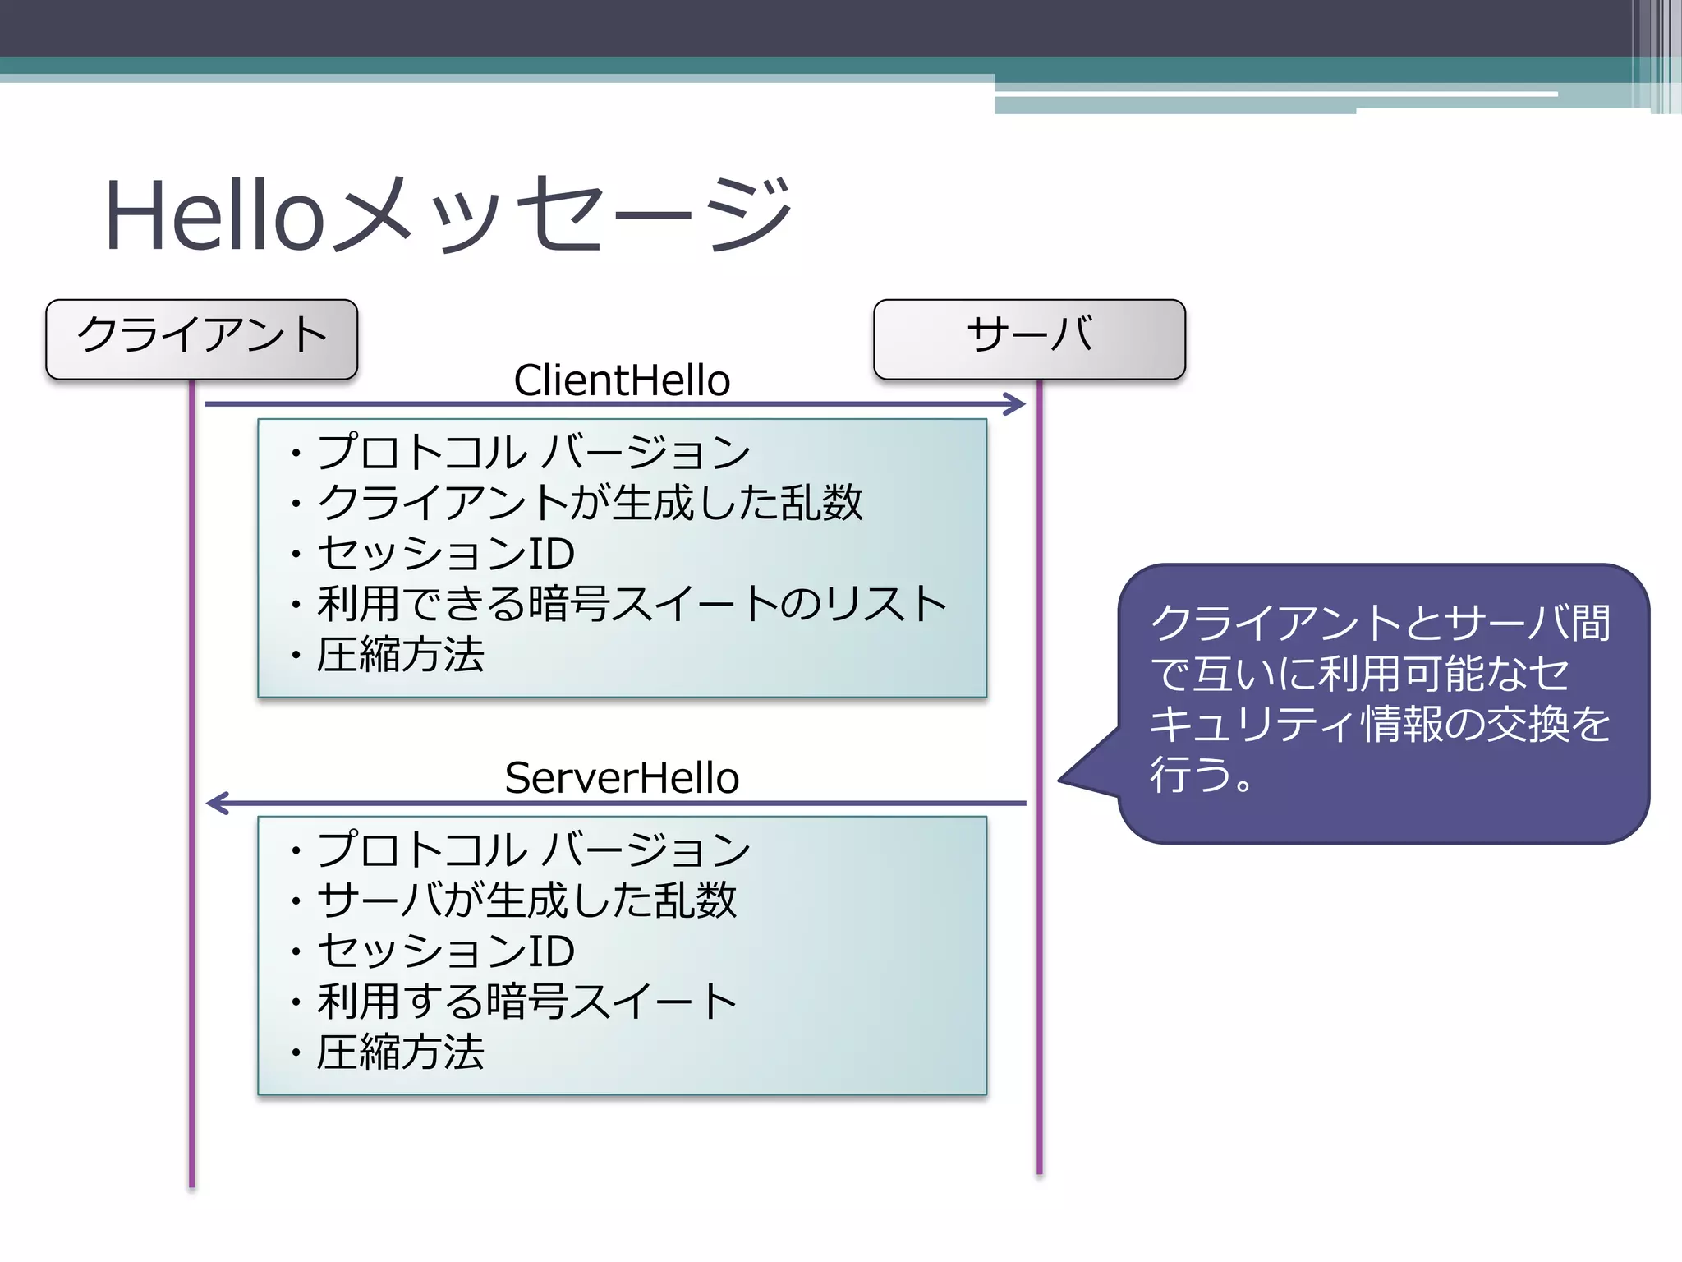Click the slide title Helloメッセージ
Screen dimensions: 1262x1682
448,215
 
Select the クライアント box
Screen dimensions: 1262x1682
202,338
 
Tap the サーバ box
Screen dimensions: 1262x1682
1029,338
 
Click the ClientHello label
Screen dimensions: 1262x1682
622,380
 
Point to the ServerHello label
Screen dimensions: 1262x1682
622,778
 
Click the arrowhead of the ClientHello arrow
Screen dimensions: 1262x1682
1017,403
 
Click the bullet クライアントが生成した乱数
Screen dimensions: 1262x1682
590,503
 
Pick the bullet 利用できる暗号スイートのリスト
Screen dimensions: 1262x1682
632,604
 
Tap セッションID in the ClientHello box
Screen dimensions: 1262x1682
446,554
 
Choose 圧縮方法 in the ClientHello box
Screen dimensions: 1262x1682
401,656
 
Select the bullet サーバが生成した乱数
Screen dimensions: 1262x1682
526,900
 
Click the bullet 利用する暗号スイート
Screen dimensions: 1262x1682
526,1002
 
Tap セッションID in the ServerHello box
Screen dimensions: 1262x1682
446,951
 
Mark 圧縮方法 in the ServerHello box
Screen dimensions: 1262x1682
401,1052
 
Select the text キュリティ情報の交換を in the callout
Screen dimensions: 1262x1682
1380,724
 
